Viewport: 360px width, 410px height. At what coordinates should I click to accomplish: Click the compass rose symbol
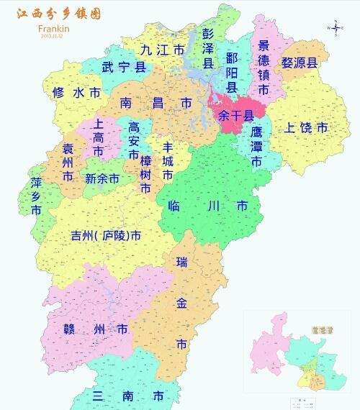click(336, 28)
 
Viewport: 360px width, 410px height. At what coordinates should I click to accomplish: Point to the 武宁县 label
click(123, 68)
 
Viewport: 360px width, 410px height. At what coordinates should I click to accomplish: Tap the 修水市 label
click(77, 93)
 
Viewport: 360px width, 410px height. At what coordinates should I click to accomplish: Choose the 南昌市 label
click(156, 104)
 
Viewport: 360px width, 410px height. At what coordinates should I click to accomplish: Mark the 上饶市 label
click(307, 128)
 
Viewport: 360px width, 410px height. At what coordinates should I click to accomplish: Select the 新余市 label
click(102, 178)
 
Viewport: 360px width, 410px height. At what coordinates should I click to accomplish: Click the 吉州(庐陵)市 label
click(105, 236)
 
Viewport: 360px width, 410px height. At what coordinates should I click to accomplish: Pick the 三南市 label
click(128, 396)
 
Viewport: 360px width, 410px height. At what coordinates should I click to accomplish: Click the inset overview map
click(297, 352)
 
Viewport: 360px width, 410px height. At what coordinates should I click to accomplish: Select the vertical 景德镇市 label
click(264, 68)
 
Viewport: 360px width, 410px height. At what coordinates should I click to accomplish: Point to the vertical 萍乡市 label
click(36, 196)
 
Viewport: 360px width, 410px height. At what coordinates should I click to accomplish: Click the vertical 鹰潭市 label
click(256, 147)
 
